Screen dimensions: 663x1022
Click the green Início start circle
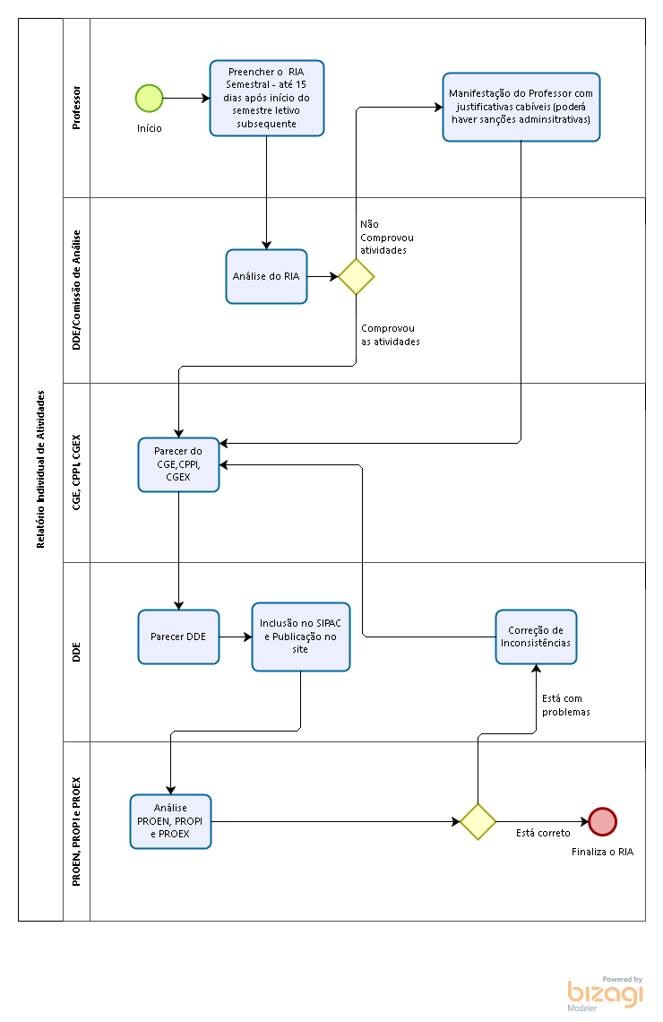pyautogui.click(x=149, y=99)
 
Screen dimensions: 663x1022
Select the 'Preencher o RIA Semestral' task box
pyautogui.click(x=266, y=98)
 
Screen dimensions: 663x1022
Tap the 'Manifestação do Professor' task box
pyautogui.click(x=521, y=107)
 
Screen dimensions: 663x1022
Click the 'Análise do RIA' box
pyautogui.click(x=266, y=276)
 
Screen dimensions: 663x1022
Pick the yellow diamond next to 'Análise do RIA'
pyautogui.click(x=357, y=276)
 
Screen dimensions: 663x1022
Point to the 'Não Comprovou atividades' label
pyautogui.click(x=387, y=238)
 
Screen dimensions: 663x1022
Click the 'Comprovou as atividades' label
pyautogui.click(x=391, y=335)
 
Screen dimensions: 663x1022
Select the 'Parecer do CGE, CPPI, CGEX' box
pyautogui.click(x=178, y=464)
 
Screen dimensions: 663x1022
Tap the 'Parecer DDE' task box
pyautogui.click(x=178, y=637)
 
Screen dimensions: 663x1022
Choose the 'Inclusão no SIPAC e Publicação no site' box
pyautogui.click(x=301, y=637)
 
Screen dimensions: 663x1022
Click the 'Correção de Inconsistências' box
pyautogui.click(x=536, y=637)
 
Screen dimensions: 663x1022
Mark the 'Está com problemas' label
pyautogui.click(x=566, y=706)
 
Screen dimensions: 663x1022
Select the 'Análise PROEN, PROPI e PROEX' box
pyautogui.click(x=170, y=821)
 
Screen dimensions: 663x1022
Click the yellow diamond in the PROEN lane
pyautogui.click(x=478, y=821)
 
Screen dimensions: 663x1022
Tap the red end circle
pyautogui.click(x=602, y=821)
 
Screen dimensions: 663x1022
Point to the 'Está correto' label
pyautogui.click(x=543, y=833)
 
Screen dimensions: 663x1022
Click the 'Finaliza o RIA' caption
pyautogui.click(x=602, y=852)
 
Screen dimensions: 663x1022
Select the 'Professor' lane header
pyautogui.click(x=76, y=108)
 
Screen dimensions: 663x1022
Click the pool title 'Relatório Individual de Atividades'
pyautogui.click(x=40, y=469)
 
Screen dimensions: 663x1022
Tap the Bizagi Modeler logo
pyautogui.click(x=605, y=993)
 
